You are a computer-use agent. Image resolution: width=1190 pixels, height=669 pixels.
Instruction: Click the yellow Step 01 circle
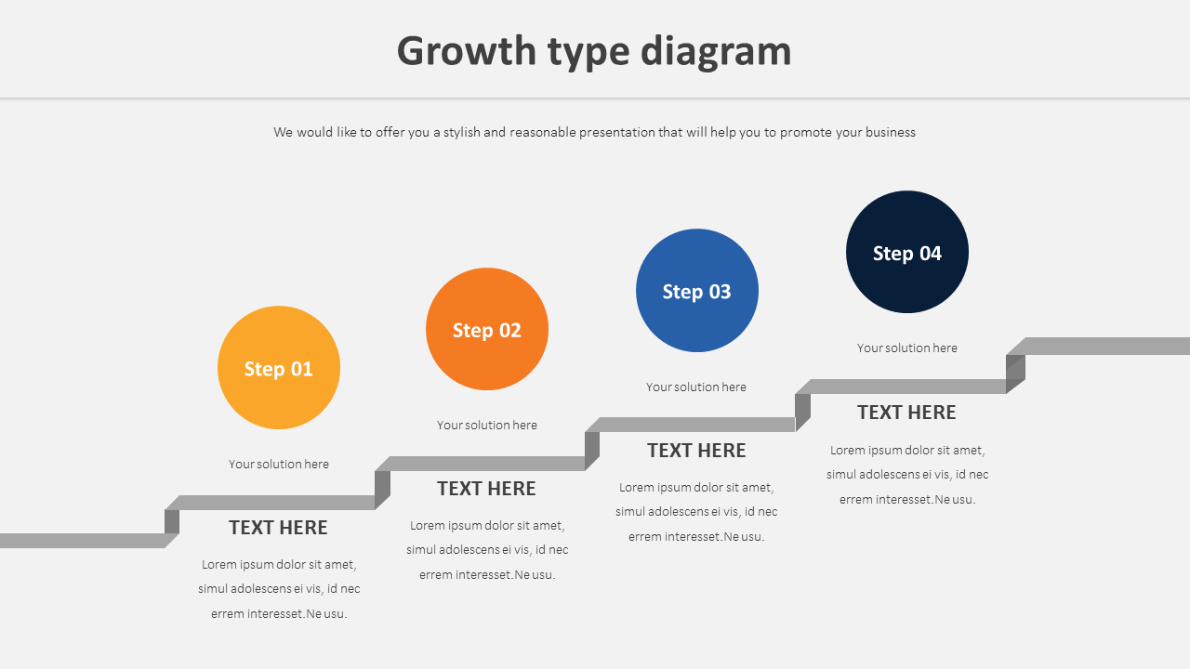(x=279, y=368)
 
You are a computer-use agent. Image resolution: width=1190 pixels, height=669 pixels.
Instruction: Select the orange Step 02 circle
(x=487, y=329)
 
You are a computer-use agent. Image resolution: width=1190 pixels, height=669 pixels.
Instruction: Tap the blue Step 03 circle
(x=697, y=291)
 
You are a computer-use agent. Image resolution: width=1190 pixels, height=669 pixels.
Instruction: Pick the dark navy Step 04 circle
(x=907, y=252)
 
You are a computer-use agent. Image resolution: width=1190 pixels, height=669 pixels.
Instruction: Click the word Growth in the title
(x=467, y=51)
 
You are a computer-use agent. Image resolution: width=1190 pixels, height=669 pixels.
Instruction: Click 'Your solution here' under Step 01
(x=279, y=464)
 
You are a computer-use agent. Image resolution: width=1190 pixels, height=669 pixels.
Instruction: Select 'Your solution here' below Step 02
(x=487, y=425)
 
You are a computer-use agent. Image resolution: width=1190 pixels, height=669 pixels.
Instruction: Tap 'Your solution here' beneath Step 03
(x=696, y=387)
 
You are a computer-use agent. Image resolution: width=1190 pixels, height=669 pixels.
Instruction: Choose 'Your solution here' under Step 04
(x=907, y=348)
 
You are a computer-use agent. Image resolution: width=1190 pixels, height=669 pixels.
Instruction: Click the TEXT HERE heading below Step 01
(x=278, y=528)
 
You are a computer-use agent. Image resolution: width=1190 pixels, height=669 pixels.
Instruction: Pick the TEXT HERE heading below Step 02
(x=486, y=489)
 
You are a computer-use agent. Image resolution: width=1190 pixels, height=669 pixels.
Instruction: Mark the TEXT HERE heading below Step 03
(x=696, y=451)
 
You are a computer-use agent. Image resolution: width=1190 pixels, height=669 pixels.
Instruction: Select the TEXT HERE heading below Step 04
(x=906, y=413)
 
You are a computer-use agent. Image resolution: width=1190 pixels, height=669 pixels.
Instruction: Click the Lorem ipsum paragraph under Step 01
(x=279, y=588)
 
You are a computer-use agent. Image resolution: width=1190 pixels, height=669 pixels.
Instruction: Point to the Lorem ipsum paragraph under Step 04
(x=907, y=474)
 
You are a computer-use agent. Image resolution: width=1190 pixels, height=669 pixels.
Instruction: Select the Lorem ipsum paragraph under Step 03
(x=696, y=511)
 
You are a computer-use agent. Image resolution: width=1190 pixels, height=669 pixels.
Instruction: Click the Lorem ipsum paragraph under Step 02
(x=487, y=549)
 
